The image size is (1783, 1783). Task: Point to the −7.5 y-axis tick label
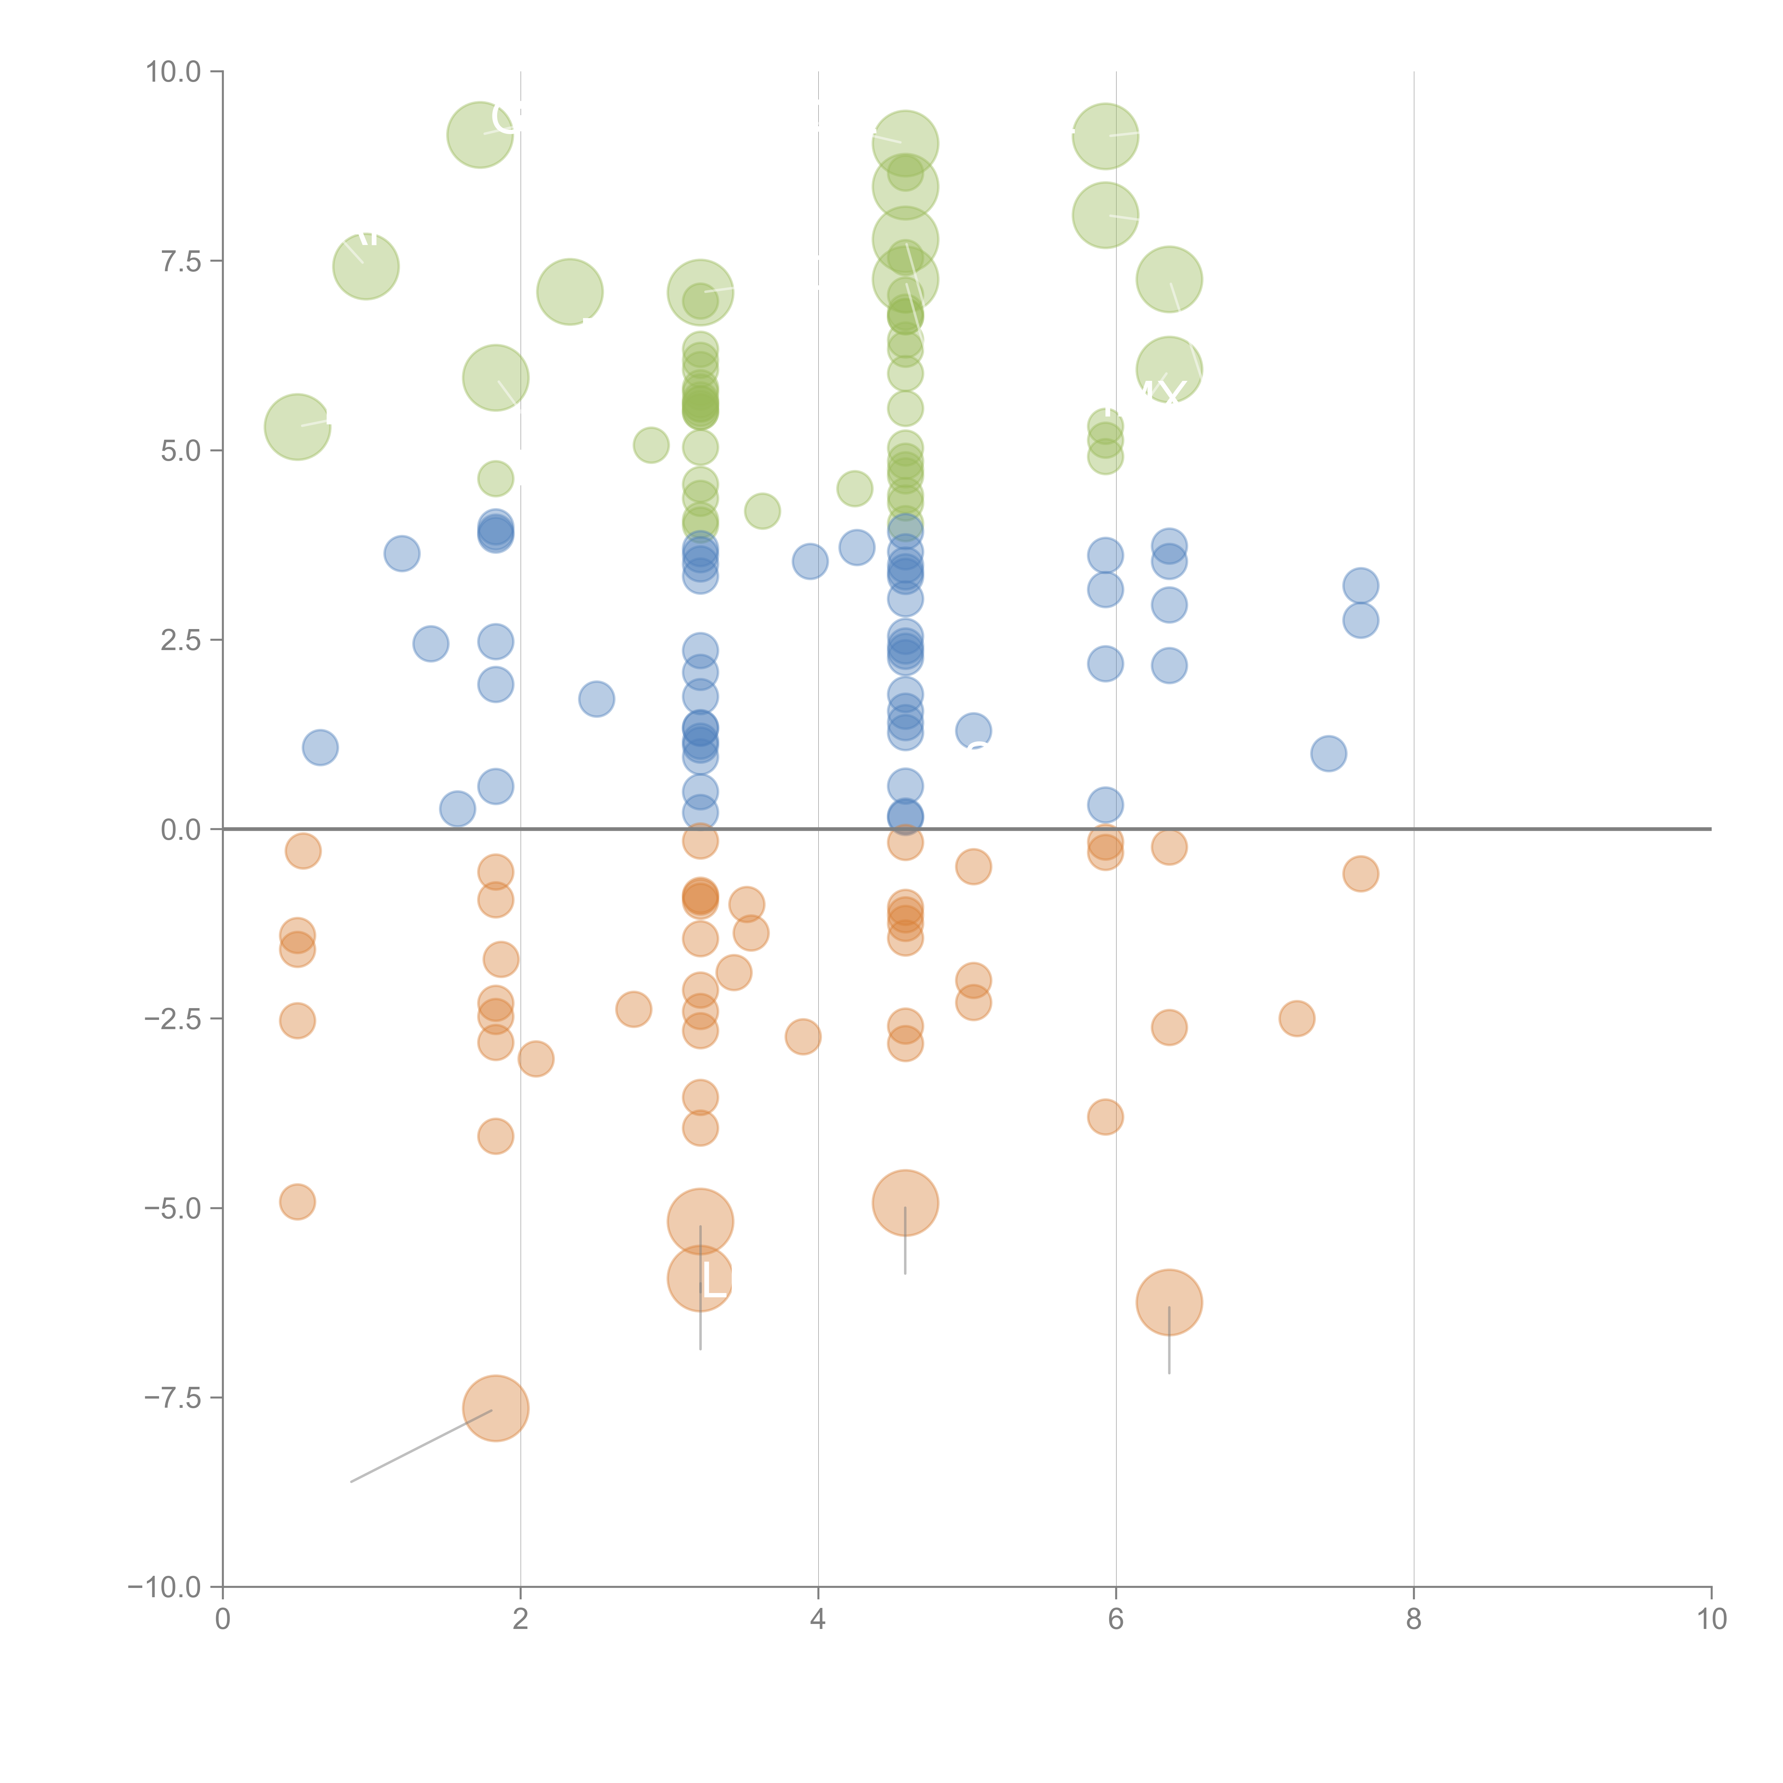[173, 1398]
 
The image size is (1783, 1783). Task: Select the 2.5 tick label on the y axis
[181, 640]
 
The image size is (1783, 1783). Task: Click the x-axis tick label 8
[1414, 1620]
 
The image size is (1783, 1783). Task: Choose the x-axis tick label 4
[818, 1620]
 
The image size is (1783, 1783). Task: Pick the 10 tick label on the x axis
[1711, 1620]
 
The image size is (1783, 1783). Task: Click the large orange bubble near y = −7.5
[496, 1408]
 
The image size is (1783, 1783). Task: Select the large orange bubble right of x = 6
[1169, 1302]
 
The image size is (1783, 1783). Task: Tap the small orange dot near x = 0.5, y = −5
[297, 1202]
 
